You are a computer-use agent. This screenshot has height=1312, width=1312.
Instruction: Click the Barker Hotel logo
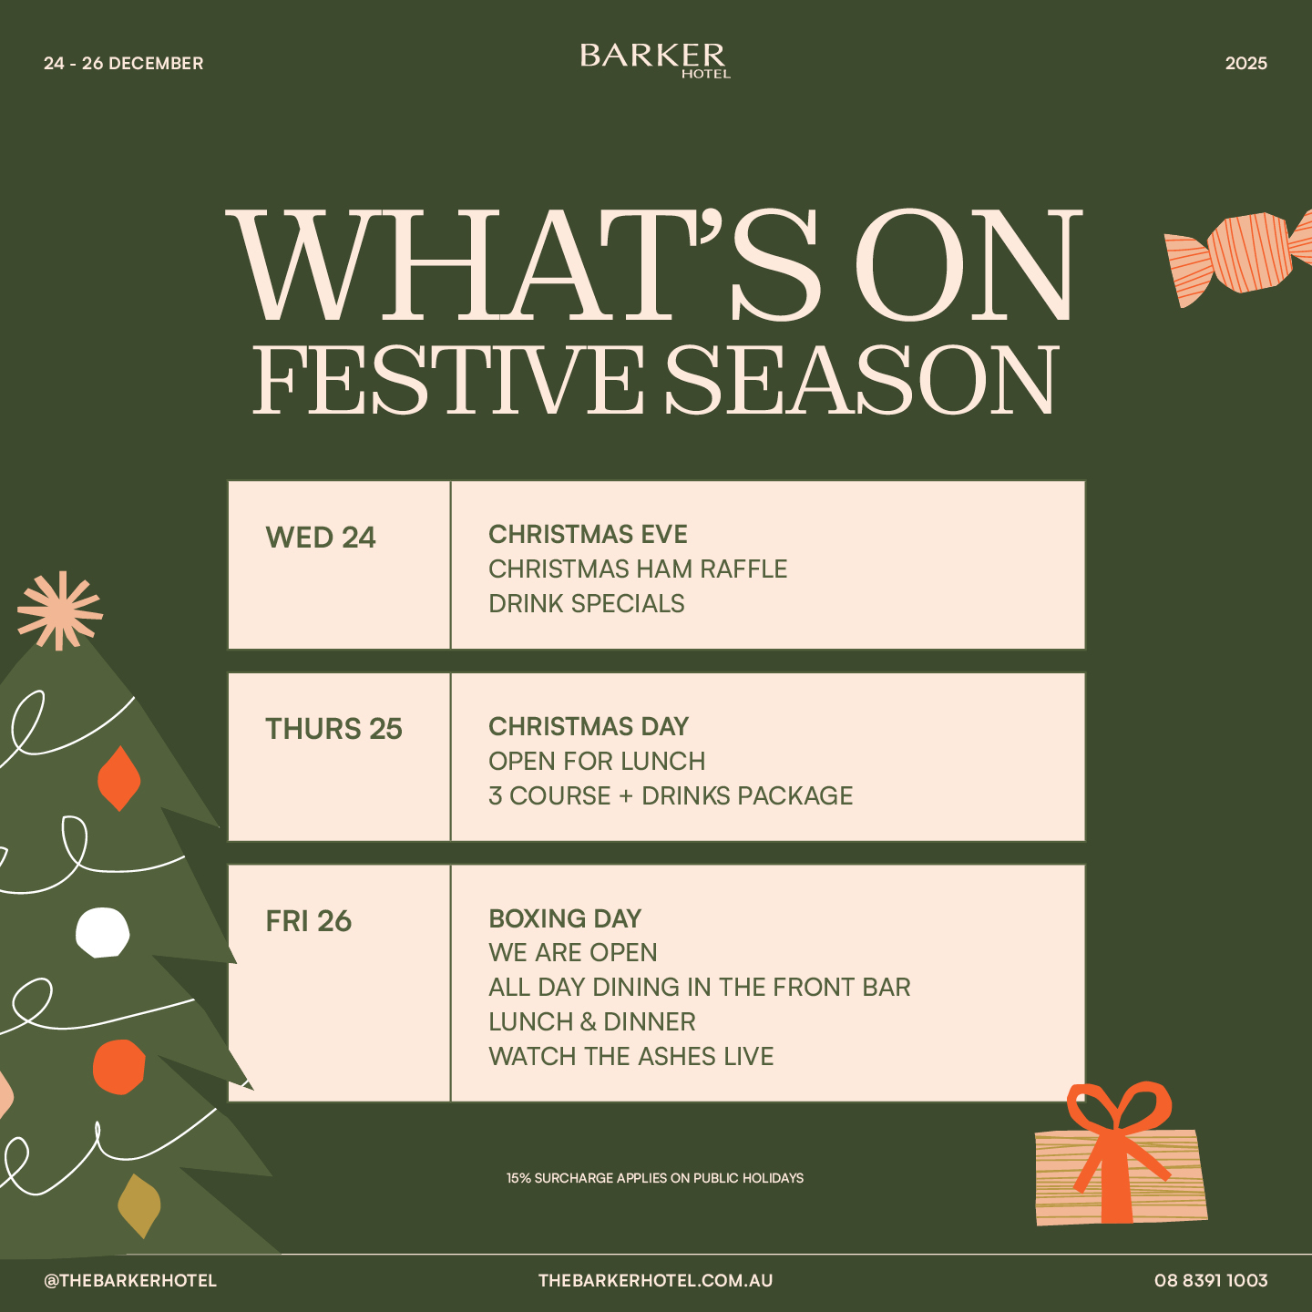655,61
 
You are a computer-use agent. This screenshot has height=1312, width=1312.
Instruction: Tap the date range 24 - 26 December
123,63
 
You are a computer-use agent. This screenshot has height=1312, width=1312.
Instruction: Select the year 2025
1246,63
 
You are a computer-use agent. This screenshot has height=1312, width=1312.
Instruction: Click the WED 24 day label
320,538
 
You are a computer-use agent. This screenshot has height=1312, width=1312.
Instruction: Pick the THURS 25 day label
333,729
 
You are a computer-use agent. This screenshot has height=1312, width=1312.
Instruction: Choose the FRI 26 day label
309,920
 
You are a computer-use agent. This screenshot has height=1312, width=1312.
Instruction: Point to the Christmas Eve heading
588,535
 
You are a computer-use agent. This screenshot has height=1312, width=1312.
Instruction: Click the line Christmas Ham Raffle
638,569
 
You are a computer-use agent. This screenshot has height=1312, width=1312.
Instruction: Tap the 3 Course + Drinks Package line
671,796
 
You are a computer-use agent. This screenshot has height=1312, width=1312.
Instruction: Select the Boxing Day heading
565,918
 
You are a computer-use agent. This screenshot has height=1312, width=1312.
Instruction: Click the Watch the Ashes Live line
631,1057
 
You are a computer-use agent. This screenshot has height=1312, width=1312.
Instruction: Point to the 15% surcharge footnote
655,1178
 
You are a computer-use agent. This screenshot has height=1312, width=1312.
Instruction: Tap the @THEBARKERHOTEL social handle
130,1281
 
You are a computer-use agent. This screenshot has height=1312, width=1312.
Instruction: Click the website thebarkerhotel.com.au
655,1281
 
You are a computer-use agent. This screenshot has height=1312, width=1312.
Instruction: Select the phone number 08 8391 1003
1211,1281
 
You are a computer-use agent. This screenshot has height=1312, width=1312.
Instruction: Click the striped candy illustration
1239,256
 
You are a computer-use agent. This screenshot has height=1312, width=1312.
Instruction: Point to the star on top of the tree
60,610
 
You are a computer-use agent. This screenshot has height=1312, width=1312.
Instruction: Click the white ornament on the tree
102,932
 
